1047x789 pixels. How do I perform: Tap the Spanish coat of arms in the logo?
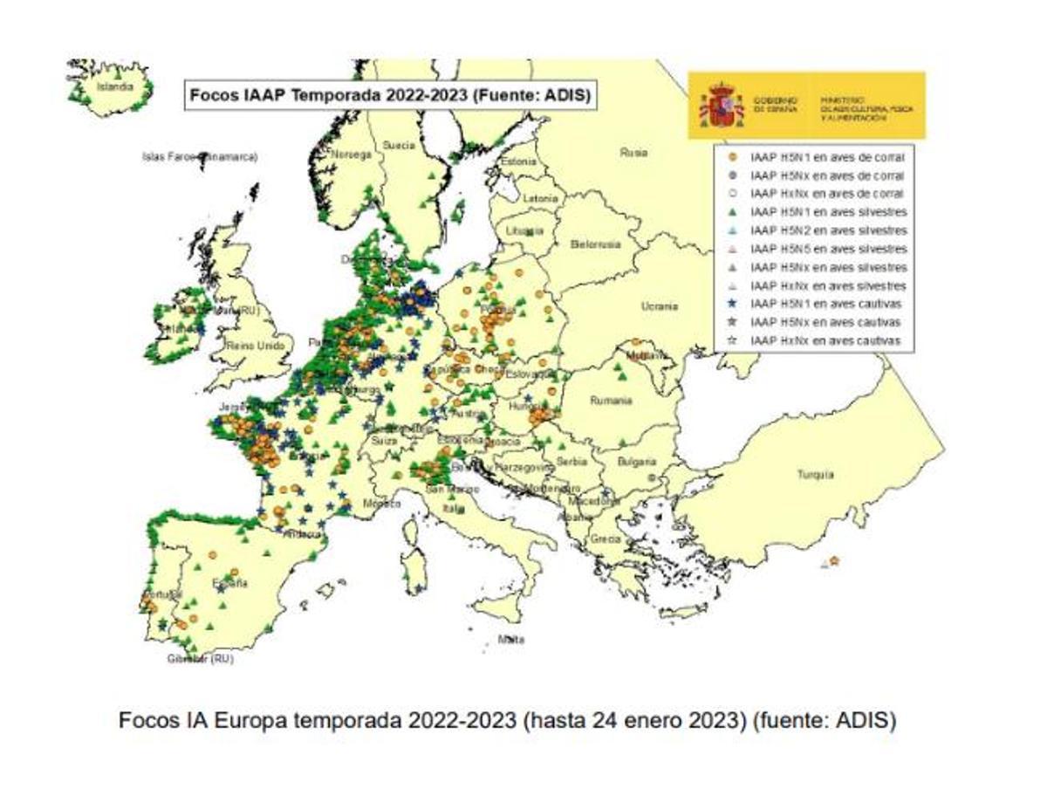coord(722,105)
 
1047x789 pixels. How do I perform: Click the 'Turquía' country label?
coord(815,475)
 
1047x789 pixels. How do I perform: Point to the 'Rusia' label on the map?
coord(633,152)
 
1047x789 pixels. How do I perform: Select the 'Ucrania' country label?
coord(659,306)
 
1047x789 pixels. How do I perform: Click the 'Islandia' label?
coord(115,87)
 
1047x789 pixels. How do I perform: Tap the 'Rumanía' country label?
coord(610,401)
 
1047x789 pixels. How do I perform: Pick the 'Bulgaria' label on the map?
coord(637,461)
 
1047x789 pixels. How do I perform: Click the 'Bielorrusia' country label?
coord(595,244)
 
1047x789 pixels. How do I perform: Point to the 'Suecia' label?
coord(400,145)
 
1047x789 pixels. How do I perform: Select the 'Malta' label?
coord(511,640)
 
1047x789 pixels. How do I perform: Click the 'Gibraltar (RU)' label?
coord(201,660)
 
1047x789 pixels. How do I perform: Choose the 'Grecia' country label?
coord(605,539)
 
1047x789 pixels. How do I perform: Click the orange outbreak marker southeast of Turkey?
coord(834,560)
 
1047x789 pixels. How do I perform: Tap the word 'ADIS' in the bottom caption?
coord(866,722)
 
